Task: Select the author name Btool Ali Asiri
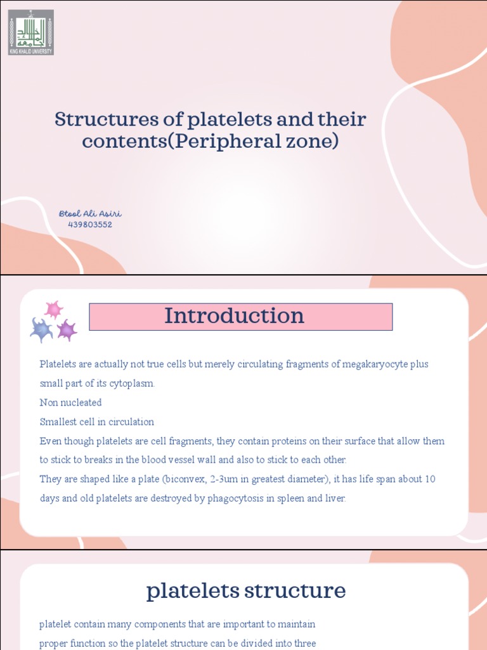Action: click(90, 214)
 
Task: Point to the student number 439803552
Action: click(90, 225)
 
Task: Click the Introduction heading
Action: click(235, 316)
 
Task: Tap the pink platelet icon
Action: click(53, 310)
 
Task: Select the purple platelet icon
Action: click(67, 330)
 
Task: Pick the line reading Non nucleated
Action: click(70, 402)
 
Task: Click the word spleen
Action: click(287, 498)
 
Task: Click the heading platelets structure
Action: click(246, 591)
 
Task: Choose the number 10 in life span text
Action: click(429, 479)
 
